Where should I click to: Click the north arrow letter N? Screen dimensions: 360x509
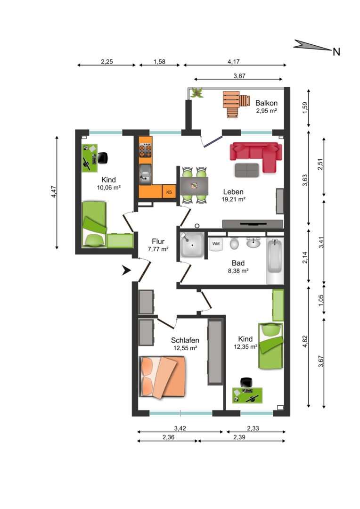pos(336,52)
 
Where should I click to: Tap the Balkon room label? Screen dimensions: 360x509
pos(267,103)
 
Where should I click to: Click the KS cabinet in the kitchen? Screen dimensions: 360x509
pos(169,192)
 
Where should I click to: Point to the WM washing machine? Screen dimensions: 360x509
pos(216,244)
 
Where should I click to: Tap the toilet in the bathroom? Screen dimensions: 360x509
pos(234,243)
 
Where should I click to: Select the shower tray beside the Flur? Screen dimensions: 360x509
pos(191,245)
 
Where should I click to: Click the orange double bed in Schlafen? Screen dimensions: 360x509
pos(163,377)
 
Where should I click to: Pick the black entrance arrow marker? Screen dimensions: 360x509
pos(126,270)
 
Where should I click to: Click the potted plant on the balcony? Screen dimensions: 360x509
pos(196,93)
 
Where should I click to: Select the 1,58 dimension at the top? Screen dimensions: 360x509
pos(159,61)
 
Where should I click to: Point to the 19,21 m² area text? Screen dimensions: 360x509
pos(233,200)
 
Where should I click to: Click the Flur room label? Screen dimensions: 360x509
pos(158,241)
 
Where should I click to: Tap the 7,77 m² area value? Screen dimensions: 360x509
pos(158,249)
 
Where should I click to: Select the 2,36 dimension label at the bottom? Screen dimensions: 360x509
pos(169,437)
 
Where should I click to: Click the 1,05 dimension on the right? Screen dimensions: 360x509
pos(321,300)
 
